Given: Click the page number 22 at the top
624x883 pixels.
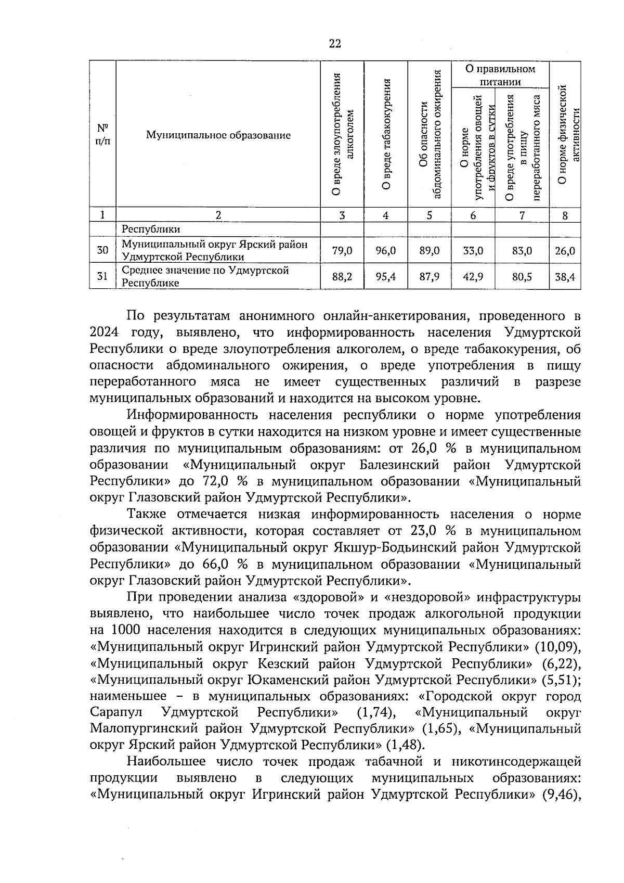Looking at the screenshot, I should click(x=335, y=44).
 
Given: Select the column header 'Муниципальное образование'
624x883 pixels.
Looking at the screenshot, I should click(x=218, y=135).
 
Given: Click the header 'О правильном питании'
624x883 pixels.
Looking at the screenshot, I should click(x=500, y=75).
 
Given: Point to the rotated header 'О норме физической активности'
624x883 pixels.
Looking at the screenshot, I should click(x=566, y=135).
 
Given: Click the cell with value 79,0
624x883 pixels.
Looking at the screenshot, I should click(x=342, y=251).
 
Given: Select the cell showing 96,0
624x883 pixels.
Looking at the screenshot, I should click(x=385, y=251).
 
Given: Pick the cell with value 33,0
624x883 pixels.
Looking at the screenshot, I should click(x=473, y=251).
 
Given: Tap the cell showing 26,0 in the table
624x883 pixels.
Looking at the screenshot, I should click(x=565, y=251).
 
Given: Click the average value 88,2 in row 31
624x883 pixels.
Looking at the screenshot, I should click(x=342, y=277).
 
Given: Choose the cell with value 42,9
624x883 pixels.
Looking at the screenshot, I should click(x=473, y=277).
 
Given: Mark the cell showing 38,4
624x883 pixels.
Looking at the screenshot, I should click(x=565, y=277).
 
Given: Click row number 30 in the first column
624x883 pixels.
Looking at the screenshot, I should click(x=102, y=251).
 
